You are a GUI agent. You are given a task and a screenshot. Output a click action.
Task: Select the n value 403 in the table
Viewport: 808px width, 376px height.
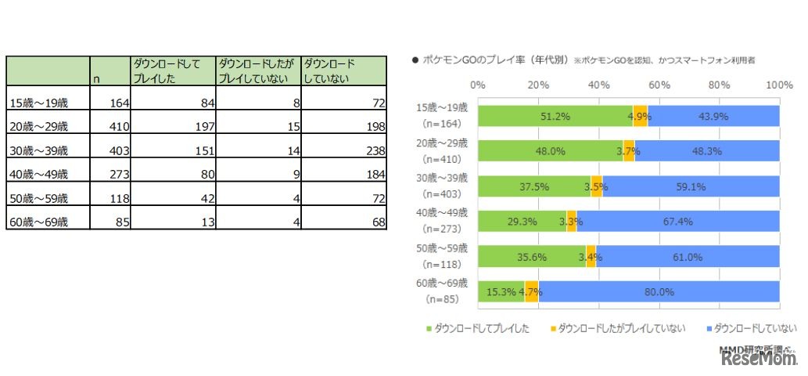[x=110, y=150]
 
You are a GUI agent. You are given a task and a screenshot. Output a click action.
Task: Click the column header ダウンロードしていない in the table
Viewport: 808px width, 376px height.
[x=344, y=70]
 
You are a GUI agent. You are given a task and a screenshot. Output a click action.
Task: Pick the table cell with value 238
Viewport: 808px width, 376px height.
[x=344, y=150]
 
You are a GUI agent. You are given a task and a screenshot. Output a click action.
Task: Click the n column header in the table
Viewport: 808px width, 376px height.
[x=110, y=70]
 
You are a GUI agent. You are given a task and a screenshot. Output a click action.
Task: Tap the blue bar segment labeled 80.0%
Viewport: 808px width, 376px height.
[x=659, y=291]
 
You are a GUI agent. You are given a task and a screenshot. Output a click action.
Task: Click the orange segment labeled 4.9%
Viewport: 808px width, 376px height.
[x=641, y=115]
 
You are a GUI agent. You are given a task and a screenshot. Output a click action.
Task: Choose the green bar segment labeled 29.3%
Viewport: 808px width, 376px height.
[x=522, y=221]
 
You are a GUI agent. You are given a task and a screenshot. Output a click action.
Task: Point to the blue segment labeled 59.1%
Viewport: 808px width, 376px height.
[x=691, y=186]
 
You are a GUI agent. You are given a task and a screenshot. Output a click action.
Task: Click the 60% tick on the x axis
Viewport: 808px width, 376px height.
[x=659, y=85]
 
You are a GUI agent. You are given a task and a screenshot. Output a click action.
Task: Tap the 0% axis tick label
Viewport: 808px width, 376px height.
[x=478, y=85]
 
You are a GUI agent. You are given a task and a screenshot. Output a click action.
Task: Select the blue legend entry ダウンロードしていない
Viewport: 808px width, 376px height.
[x=750, y=328]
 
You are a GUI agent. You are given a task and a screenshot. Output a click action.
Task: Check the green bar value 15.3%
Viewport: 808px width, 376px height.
[x=501, y=291]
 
